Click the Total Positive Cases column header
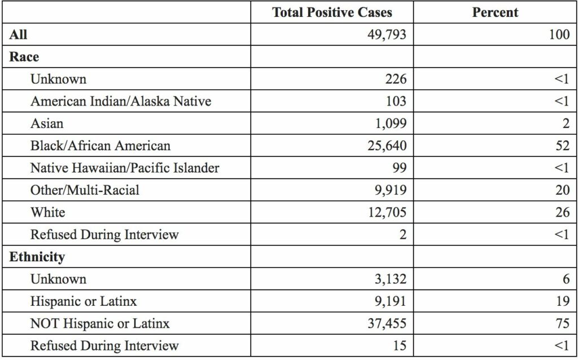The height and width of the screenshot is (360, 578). click(332, 12)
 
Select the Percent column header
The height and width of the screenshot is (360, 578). click(495, 12)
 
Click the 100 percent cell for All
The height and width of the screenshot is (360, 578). click(559, 34)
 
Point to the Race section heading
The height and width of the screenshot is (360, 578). click(24, 57)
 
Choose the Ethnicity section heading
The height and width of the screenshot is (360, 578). click(37, 257)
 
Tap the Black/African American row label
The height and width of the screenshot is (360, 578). click(100, 146)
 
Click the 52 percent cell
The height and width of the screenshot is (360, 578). click(562, 146)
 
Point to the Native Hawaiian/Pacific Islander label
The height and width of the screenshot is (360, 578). click(124, 168)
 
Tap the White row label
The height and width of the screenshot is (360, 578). click(47, 212)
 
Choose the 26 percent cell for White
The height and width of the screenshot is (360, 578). click(562, 212)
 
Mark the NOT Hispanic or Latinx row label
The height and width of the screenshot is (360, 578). click(100, 323)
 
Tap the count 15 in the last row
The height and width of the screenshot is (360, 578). click(399, 345)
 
